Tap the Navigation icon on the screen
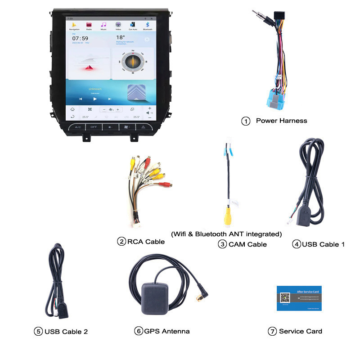pyautogui.click(x=74, y=25)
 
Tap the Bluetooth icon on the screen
pyautogui.click(x=148, y=25)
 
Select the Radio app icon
pyautogui.click(x=89, y=25)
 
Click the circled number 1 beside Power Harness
pyautogui.click(x=246, y=121)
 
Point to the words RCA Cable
pyautogui.click(x=146, y=242)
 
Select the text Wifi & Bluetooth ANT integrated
pyautogui.click(x=226, y=234)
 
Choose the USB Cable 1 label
pyautogui.click(x=323, y=244)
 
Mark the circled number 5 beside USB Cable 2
pyautogui.click(x=38, y=332)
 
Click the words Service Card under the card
pyautogui.click(x=300, y=331)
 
